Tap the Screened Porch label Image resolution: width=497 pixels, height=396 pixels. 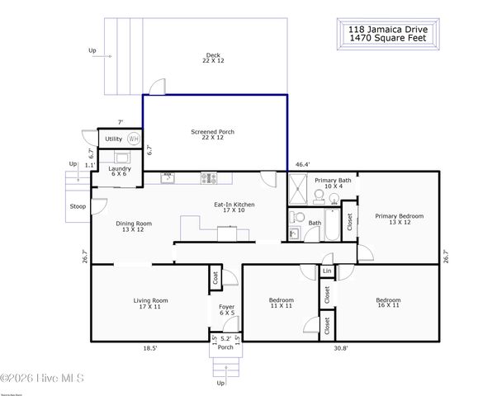[213, 134]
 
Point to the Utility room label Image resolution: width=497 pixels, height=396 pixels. [113, 139]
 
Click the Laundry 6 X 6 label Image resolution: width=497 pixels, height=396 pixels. [118, 171]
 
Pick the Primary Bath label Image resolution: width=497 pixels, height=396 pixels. [333, 183]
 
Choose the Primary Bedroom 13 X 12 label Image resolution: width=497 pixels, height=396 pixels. [399, 219]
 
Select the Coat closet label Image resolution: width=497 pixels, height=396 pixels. [215, 279]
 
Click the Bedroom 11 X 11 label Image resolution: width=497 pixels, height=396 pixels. [281, 303]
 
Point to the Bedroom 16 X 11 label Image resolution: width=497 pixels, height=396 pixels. [388, 303]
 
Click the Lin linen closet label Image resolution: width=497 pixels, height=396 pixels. [327, 271]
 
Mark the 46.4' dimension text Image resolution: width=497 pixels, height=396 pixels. [303, 164]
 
